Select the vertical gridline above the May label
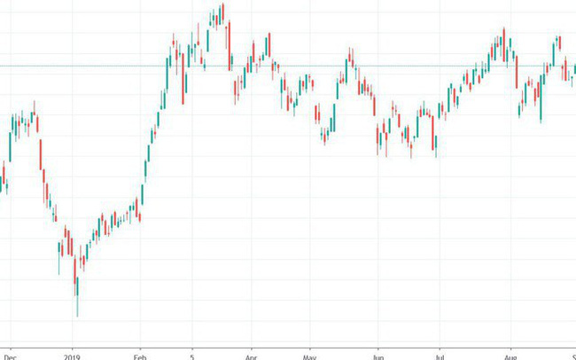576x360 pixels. tap(309, 222)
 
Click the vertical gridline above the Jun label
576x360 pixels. tap(378, 222)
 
